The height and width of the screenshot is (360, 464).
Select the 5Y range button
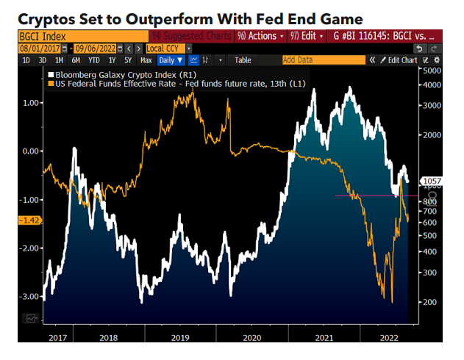click(x=128, y=60)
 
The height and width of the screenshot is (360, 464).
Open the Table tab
click(x=243, y=60)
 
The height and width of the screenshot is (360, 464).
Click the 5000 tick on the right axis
click(x=429, y=71)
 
